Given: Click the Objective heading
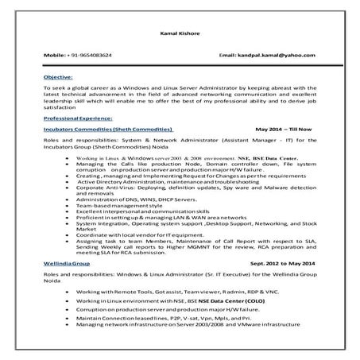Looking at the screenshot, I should [x=59, y=77].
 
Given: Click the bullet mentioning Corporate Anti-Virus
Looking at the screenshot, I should [x=183, y=186].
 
